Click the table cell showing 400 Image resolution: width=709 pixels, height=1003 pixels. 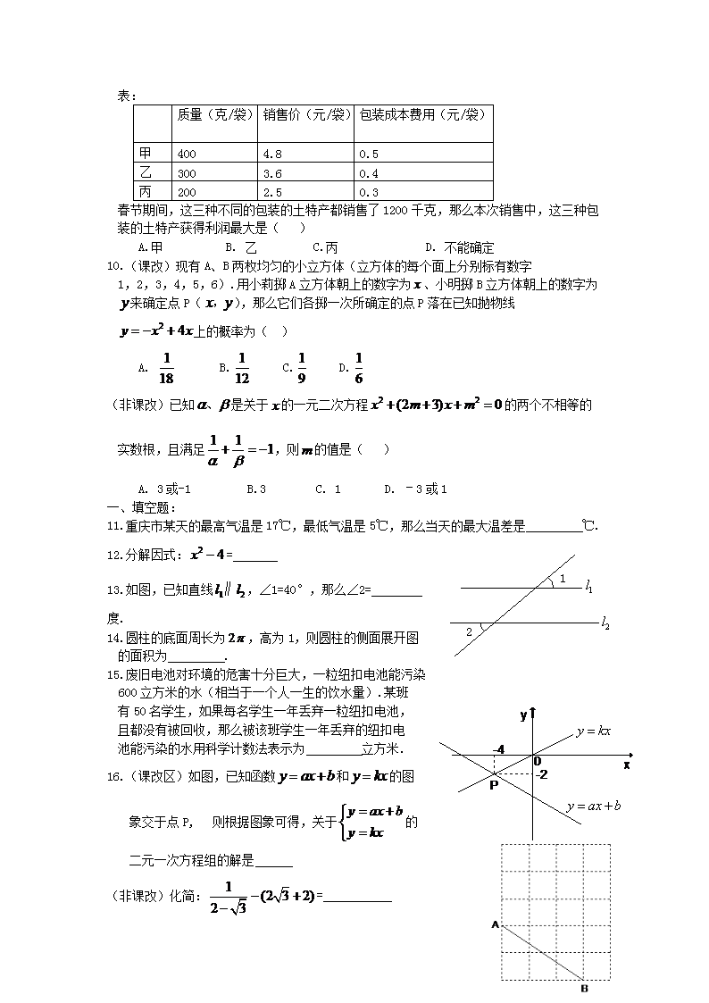(188, 154)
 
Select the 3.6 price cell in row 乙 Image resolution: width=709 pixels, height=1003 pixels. (273, 172)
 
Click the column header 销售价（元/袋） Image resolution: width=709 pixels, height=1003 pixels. (305, 114)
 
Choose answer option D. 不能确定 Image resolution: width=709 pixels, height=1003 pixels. (459, 247)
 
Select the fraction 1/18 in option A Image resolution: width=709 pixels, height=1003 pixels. (165, 366)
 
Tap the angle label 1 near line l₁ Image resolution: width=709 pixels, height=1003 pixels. (562, 580)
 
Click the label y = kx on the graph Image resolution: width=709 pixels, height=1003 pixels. (593, 731)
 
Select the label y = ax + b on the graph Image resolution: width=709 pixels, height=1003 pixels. (593, 807)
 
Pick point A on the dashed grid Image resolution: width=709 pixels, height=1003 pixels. (494, 924)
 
